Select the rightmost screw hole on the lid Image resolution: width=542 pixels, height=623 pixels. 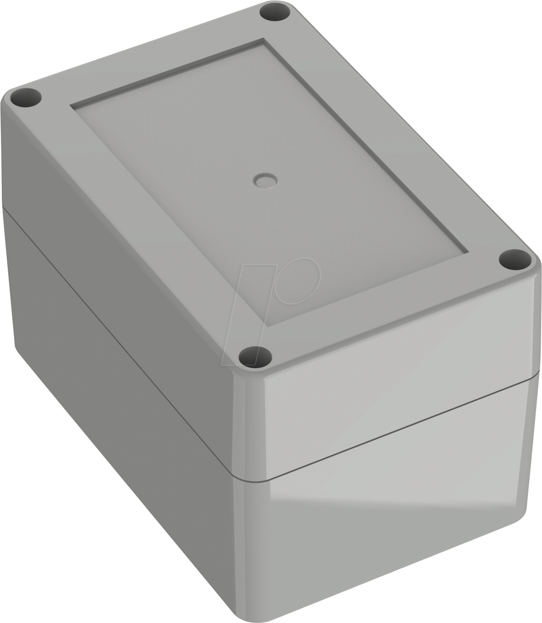[515, 260]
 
